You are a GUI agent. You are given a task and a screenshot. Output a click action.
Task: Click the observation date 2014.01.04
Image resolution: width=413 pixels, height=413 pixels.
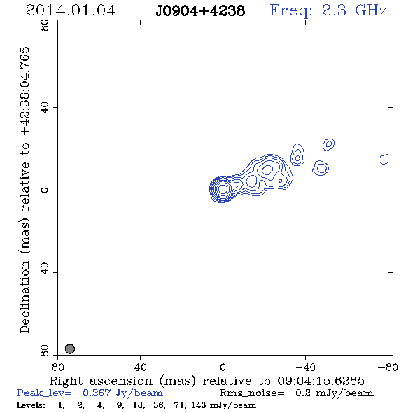point(71,10)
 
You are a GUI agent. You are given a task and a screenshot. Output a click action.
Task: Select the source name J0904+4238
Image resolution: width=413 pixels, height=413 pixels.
point(200,11)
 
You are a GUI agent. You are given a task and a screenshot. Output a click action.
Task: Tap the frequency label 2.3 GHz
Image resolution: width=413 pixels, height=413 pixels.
point(354,10)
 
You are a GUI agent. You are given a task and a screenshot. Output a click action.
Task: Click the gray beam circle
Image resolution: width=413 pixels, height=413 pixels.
point(70,349)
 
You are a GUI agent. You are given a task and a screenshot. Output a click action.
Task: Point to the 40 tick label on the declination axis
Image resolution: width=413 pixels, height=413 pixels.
point(45,108)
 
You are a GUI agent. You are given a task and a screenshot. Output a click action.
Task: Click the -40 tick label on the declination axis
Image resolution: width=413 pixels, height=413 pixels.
point(45,272)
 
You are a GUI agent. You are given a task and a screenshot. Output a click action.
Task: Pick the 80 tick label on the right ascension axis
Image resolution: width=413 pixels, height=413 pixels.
point(58,367)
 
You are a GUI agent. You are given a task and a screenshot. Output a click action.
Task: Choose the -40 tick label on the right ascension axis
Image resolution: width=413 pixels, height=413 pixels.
point(305,367)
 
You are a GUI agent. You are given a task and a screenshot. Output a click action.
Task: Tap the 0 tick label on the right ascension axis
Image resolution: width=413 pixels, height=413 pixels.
point(223,367)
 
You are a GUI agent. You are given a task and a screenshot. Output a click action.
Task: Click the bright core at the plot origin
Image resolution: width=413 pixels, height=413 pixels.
point(223,189)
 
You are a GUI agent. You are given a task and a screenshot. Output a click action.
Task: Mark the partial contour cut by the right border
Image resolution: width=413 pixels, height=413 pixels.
point(384,159)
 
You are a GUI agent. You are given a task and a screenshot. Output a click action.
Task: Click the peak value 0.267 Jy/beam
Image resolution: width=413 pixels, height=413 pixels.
point(122,393)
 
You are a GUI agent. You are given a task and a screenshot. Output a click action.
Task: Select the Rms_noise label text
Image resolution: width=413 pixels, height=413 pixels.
point(252,393)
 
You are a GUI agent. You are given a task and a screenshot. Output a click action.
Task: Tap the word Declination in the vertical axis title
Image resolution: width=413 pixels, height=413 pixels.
point(24,297)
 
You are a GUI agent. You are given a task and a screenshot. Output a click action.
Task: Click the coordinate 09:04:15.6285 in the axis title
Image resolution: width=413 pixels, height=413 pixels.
point(321,381)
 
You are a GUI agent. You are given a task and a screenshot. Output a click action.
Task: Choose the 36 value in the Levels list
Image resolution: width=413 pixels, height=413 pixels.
point(159,405)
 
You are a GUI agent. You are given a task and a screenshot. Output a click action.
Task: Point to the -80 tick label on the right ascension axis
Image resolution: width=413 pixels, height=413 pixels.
point(388,367)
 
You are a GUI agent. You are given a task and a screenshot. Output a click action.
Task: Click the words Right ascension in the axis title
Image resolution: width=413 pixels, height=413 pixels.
point(101,381)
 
